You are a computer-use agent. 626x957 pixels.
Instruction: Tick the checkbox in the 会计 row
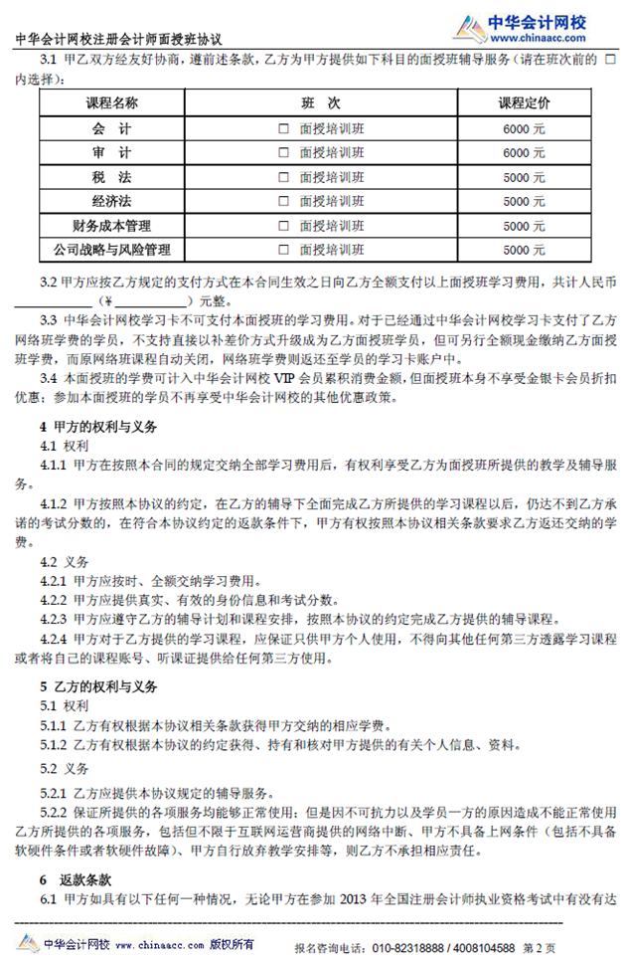click(x=284, y=129)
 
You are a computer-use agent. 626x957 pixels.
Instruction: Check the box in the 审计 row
click(x=284, y=153)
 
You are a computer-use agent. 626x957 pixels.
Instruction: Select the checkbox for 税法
click(x=284, y=177)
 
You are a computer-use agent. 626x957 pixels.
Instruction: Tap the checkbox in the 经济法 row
click(x=284, y=201)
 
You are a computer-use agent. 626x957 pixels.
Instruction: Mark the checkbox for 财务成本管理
click(x=284, y=226)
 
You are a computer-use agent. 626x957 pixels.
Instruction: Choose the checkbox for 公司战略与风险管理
click(x=284, y=250)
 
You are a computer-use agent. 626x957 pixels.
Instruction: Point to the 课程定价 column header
click(x=524, y=103)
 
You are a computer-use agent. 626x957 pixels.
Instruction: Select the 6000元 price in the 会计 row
click(x=524, y=129)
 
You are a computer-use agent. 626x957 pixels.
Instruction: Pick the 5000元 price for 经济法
click(x=524, y=201)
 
